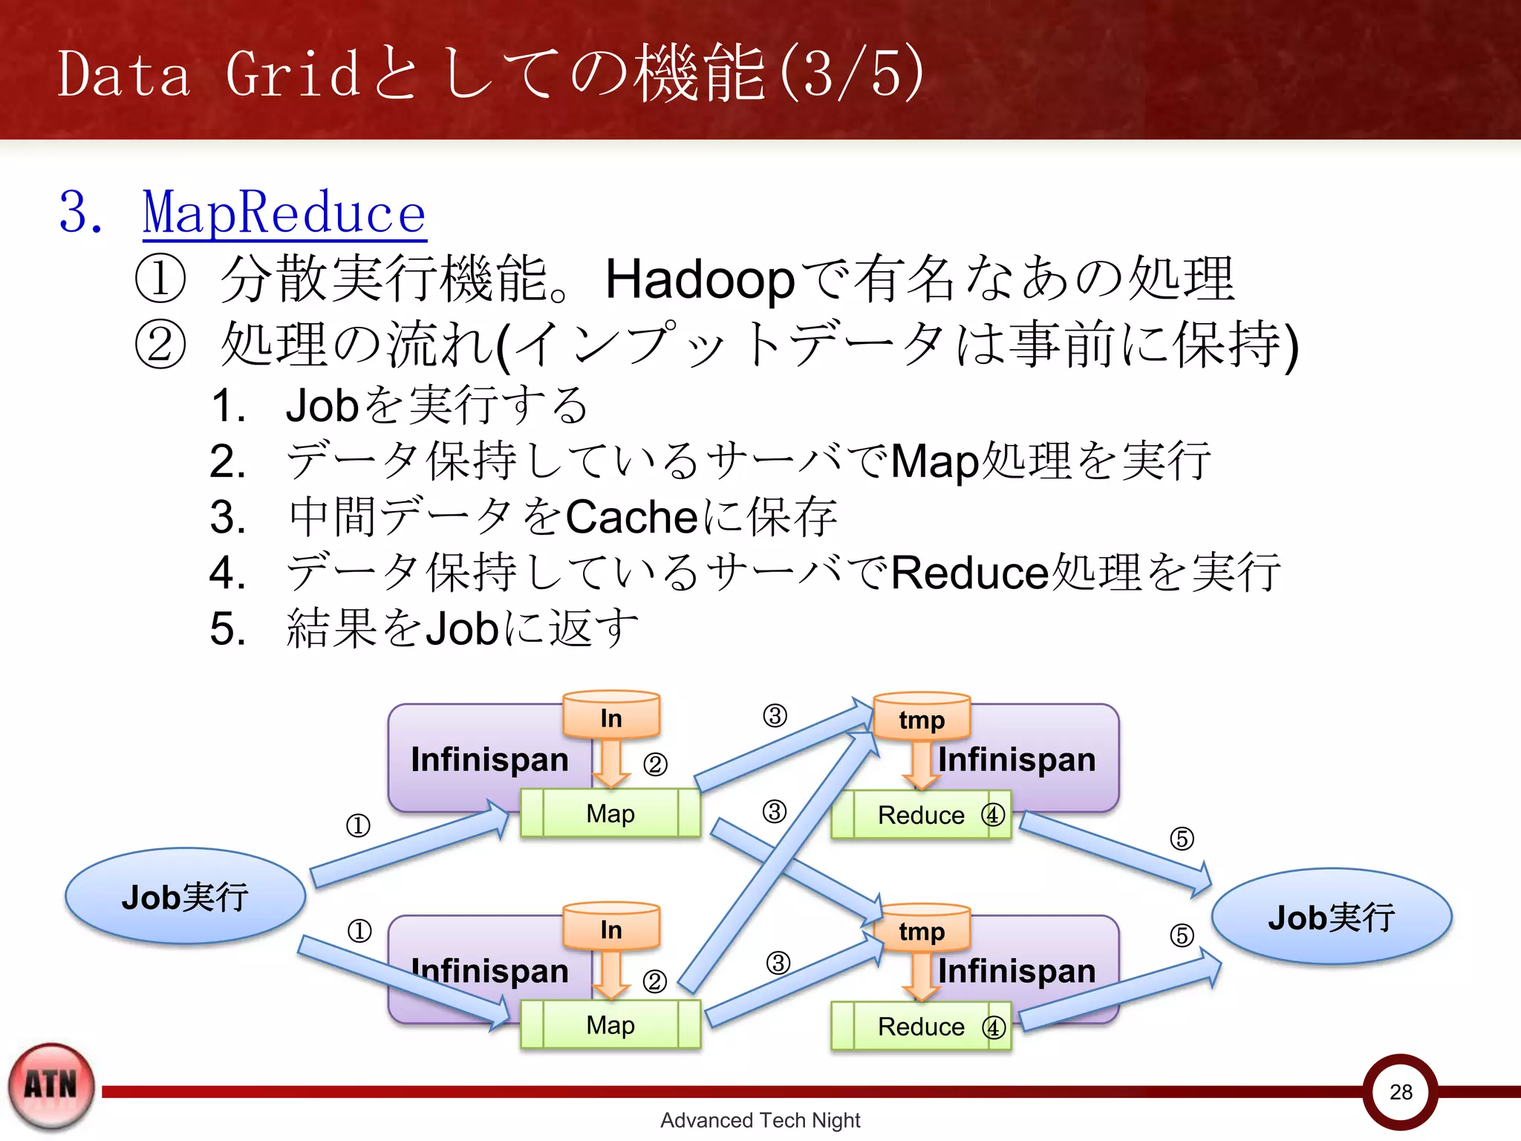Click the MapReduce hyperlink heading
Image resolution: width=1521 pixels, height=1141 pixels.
click(284, 214)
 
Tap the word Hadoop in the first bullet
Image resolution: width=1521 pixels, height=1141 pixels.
click(700, 280)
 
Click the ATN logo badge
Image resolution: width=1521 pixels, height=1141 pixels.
click(51, 1086)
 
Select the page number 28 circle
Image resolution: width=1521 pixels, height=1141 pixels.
click(1401, 1091)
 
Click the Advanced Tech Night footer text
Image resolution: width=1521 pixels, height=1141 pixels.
click(760, 1120)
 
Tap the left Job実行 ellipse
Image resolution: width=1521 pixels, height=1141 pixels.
click(185, 897)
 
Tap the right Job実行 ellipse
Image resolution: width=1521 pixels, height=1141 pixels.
click(1331, 917)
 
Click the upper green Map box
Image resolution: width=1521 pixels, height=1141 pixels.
click(610, 814)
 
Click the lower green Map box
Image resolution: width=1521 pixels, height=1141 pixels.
click(610, 1025)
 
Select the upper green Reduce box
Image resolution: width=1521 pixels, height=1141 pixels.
click(921, 816)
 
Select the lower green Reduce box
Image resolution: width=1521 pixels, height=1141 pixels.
click(921, 1027)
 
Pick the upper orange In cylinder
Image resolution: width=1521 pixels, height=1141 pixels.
click(611, 716)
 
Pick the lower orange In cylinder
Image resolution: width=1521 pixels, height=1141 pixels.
click(611, 928)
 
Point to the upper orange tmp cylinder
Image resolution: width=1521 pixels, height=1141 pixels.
click(922, 718)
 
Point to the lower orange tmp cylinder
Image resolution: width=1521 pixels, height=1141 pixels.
click(922, 929)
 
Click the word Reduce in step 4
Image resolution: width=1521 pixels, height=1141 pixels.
click(969, 573)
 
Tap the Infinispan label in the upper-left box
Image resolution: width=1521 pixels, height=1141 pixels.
click(489, 759)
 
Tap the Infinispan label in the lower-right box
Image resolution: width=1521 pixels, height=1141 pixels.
click(1017, 971)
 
